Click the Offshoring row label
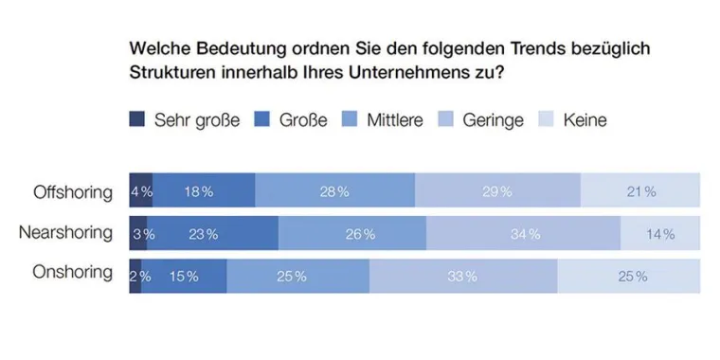coord(74,191)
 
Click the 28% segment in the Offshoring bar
coord(335,191)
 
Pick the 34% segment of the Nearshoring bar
coord(523,233)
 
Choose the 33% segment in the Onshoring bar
coord(462,276)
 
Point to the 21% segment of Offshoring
coord(640,191)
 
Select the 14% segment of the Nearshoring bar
coord(660,233)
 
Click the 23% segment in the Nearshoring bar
coord(213,233)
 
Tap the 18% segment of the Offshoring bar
coord(204,191)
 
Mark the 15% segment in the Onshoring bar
coord(184,276)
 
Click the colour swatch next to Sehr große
coord(136,120)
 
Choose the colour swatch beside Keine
coord(546,120)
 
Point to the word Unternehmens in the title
coord(421,72)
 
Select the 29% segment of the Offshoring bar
coord(497,191)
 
